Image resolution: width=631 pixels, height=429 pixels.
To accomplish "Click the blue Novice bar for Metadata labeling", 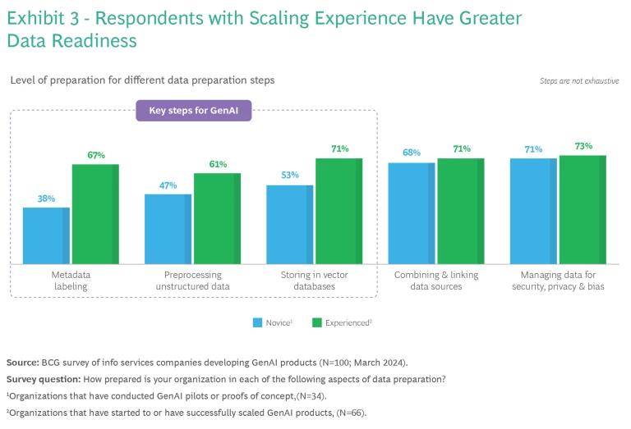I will click(x=46, y=235).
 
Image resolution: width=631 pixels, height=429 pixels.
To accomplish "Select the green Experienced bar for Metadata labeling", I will click(x=95, y=214).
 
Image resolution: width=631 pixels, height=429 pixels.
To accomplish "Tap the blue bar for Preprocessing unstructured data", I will click(x=168, y=229).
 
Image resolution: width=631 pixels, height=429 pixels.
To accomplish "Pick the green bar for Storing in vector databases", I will click(x=339, y=211).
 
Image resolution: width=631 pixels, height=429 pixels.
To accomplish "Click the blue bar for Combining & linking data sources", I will click(x=412, y=213).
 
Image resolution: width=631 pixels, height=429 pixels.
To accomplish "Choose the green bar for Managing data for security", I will click(x=583, y=209).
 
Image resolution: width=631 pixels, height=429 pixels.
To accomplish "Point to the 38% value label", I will click(x=47, y=199).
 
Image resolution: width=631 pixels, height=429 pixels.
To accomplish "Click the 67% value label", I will click(x=96, y=155).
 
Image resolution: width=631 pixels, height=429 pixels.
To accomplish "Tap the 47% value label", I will click(x=168, y=185).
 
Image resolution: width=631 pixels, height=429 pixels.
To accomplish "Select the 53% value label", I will click(x=290, y=176).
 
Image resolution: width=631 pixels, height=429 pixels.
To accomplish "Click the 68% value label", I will click(x=412, y=153).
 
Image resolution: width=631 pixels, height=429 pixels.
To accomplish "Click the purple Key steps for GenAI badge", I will click(x=194, y=111).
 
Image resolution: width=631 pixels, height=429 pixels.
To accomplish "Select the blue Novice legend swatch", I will click(x=257, y=323).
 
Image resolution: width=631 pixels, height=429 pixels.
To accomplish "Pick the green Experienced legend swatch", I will click(x=317, y=323).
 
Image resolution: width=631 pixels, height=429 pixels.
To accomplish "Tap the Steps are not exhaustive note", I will click(x=579, y=81).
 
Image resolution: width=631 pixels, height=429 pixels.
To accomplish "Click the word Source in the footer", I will click(x=22, y=362).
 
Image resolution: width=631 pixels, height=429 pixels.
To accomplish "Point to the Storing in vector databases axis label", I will click(x=315, y=281).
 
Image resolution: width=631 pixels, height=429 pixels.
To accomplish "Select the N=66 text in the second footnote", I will click(x=349, y=413).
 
